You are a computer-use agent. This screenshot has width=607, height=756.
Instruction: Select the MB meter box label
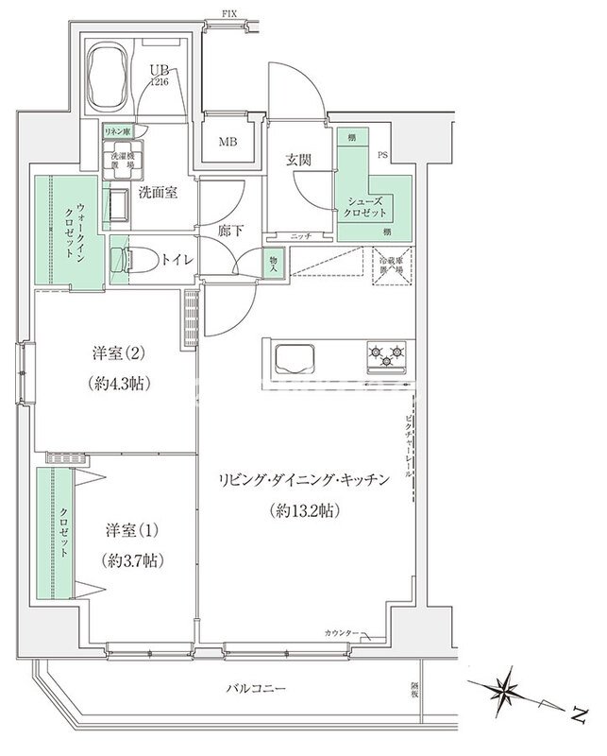(x=228, y=144)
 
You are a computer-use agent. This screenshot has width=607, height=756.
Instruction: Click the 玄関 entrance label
(x=299, y=161)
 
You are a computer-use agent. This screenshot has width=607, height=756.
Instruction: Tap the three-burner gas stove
(x=387, y=356)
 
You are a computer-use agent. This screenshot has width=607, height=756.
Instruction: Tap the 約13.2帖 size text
(x=302, y=510)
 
